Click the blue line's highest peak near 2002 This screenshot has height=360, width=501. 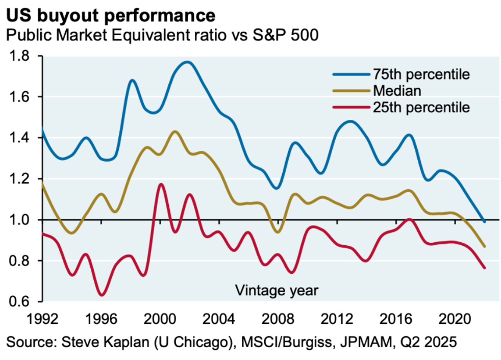coord(187,62)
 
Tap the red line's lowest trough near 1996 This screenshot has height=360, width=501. coord(102,295)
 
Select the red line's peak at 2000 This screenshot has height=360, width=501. coord(161,184)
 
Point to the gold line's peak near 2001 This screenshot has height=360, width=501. coord(175,132)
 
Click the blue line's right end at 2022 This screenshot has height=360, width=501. coord(484,222)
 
